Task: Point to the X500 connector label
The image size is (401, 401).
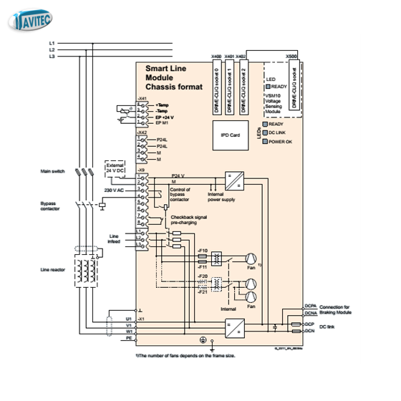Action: [x=291, y=55]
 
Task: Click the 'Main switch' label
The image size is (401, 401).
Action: [x=54, y=172]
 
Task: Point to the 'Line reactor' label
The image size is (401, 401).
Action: [x=54, y=270]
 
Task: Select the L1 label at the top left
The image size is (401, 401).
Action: [x=52, y=44]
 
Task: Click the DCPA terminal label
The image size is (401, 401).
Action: [x=310, y=306]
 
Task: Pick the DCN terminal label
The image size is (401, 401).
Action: [x=309, y=331]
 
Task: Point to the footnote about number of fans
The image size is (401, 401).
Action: [x=183, y=354]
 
